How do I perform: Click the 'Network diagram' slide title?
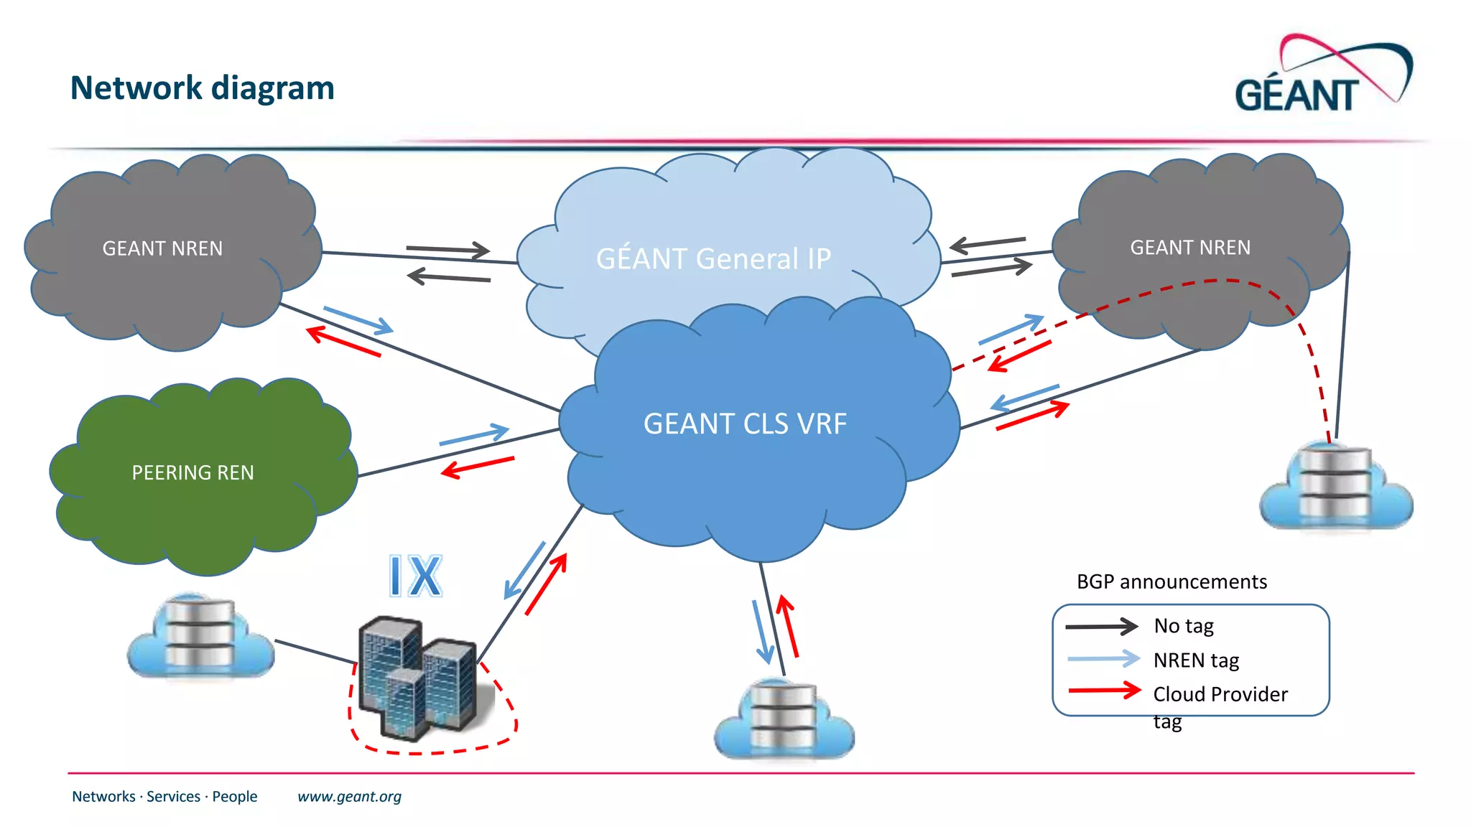pyautogui.click(x=202, y=88)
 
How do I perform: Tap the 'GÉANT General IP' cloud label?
pyautogui.click(x=713, y=258)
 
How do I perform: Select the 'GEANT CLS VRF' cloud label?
pyautogui.click(x=745, y=424)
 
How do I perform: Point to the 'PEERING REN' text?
pyautogui.click(x=192, y=472)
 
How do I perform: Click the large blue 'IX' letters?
pyautogui.click(x=415, y=576)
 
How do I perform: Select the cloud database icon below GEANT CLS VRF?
pyautogui.click(x=784, y=720)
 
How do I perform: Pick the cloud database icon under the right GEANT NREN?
pyautogui.click(x=1336, y=487)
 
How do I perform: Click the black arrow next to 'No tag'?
pyautogui.click(x=1101, y=626)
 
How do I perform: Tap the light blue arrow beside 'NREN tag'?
pyautogui.click(x=1103, y=658)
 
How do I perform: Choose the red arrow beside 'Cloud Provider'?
pyautogui.click(x=1104, y=691)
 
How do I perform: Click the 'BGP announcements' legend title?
pyautogui.click(x=1171, y=581)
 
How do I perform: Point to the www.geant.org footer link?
pyautogui.click(x=349, y=796)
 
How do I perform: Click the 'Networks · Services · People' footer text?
pyautogui.click(x=164, y=796)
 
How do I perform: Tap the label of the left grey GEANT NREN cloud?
pyautogui.click(x=162, y=248)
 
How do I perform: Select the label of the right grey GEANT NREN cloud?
pyautogui.click(x=1190, y=248)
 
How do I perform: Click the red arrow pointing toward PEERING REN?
pyautogui.click(x=478, y=467)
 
